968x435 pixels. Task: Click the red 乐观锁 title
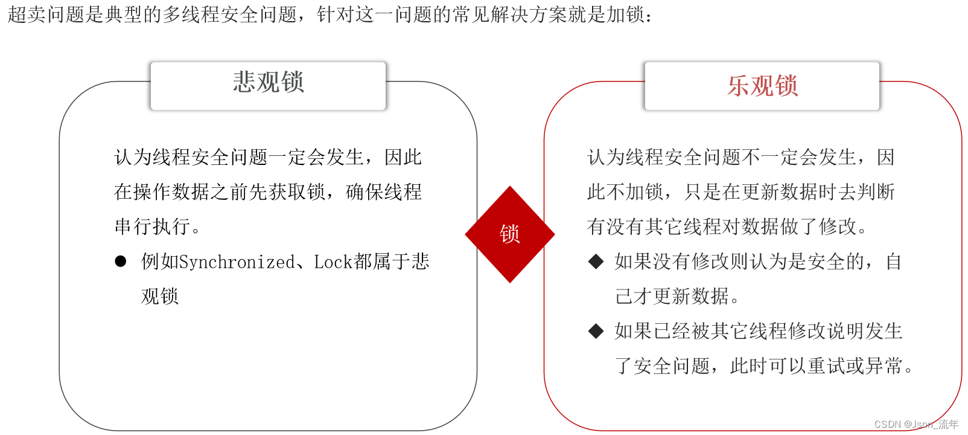point(762,86)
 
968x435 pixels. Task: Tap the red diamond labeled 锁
point(509,234)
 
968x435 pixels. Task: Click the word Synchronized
point(237,262)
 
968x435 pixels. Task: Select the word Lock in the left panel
point(333,262)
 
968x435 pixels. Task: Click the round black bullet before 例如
point(121,262)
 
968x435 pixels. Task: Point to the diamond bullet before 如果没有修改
point(596,262)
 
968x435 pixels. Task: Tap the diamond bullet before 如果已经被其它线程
point(596,331)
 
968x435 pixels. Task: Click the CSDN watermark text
point(916,424)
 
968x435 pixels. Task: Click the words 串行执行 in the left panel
point(152,227)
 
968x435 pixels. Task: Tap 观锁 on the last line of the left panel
point(160,297)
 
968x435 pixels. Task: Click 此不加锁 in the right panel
point(625,192)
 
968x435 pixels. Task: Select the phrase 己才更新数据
point(672,297)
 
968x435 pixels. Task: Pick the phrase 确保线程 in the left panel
point(384,192)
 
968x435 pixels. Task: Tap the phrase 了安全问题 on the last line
point(662,366)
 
